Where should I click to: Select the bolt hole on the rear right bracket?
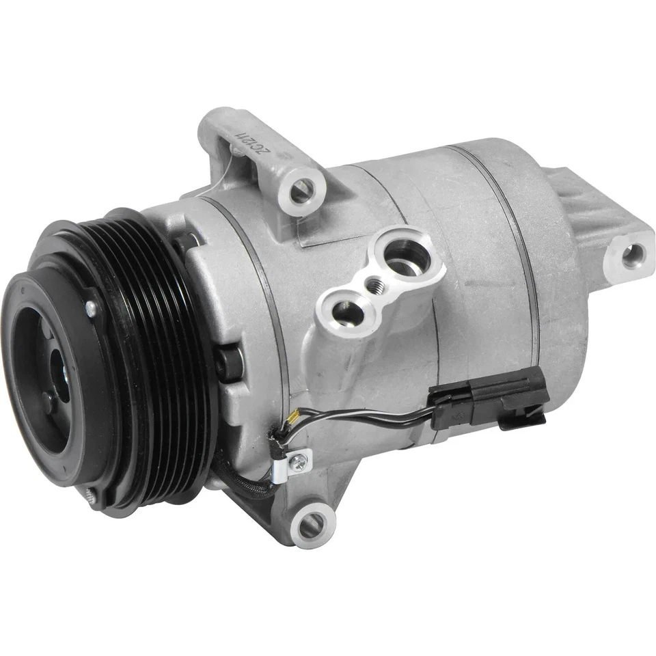pos(631,256)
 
